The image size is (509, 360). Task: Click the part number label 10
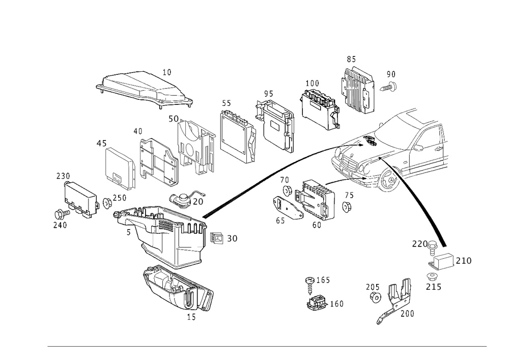(x=167, y=72)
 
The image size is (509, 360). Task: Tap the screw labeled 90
(x=389, y=87)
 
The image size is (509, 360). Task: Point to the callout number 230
(x=63, y=176)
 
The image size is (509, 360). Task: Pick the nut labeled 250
(x=107, y=203)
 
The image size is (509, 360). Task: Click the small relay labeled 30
(x=216, y=238)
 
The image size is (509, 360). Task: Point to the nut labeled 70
(x=287, y=191)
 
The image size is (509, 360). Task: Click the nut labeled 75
(x=347, y=206)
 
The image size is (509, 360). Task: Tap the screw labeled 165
(x=310, y=284)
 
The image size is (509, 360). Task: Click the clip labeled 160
(x=317, y=302)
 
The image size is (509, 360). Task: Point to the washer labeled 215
(x=432, y=277)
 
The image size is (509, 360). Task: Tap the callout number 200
(x=407, y=313)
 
